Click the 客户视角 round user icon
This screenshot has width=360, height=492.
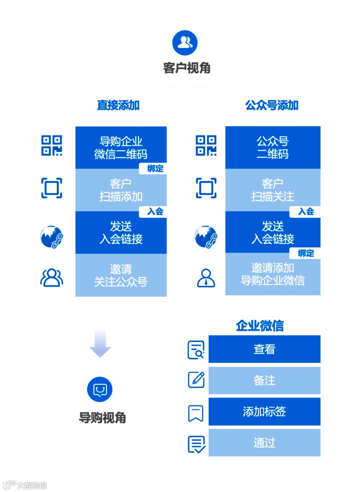pyautogui.click(x=185, y=43)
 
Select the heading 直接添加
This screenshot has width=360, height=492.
pyautogui.click(x=118, y=105)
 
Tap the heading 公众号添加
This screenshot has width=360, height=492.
pyautogui.click(x=272, y=105)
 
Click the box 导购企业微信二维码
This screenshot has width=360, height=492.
pyautogui.click(x=121, y=148)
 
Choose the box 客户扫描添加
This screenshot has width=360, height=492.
pyautogui.click(x=121, y=190)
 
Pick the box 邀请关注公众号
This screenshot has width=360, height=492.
pyautogui.click(x=121, y=275)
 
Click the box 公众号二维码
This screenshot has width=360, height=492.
pyautogui.click(x=273, y=148)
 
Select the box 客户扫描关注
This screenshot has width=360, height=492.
pyautogui.click(x=273, y=190)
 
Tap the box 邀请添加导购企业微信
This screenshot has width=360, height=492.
pyautogui.click(x=273, y=274)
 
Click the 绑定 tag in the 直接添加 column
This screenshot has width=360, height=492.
pyautogui.click(x=155, y=169)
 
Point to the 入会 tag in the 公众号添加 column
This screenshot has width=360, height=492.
pyautogui.click(x=306, y=212)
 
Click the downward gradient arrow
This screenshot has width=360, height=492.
pyautogui.click(x=100, y=344)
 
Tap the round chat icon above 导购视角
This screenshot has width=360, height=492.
pyautogui.click(x=100, y=389)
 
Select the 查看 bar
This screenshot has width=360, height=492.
pyautogui.click(x=264, y=349)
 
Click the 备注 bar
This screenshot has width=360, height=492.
pyautogui.click(x=264, y=380)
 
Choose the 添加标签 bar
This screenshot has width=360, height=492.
pyautogui.click(x=264, y=412)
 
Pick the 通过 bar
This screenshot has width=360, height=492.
pyautogui.click(x=264, y=443)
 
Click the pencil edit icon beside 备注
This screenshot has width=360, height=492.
pyautogui.click(x=196, y=380)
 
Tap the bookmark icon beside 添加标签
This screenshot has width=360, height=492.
pyautogui.click(x=196, y=413)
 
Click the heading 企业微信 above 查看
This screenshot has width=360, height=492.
pyautogui.click(x=260, y=325)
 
